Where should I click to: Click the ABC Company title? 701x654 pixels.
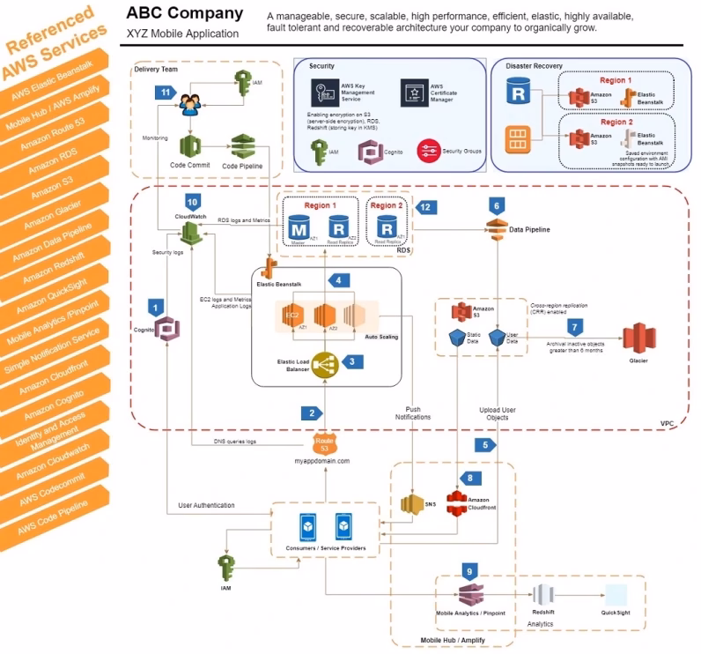coord(185,14)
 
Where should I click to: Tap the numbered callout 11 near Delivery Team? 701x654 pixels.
coord(163,92)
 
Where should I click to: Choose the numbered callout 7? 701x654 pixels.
coord(573,327)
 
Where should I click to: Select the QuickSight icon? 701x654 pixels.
coord(616,594)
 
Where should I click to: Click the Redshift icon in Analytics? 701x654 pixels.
coord(543,594)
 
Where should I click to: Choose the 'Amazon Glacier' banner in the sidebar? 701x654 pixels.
coord(57,216)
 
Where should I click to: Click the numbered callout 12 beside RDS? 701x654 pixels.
coord(427,206)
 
